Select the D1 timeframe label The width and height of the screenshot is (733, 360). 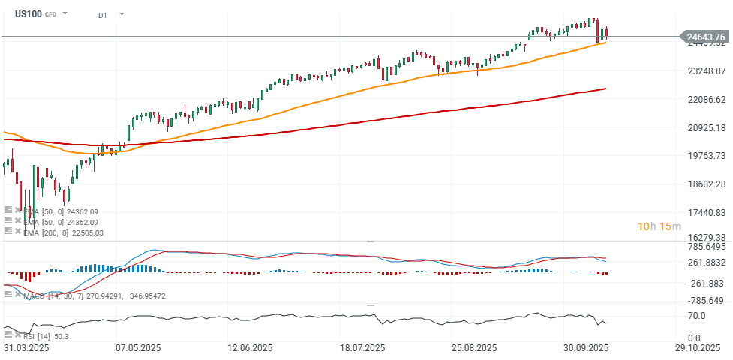(x=103, y=14)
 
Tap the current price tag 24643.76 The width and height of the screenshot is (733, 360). (x=705, y=37)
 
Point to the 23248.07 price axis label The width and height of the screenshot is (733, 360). (x=706, y=71)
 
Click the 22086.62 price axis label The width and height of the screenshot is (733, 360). (x=706, y=100)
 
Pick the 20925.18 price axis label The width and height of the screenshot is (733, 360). (x=706, y=127)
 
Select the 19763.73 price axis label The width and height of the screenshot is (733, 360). (x=706, y=156)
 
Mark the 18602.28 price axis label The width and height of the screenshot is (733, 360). (x=706, y=184)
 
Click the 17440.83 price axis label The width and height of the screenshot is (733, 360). (x=706, y=213)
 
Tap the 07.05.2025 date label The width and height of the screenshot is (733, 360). (x=137, y=349)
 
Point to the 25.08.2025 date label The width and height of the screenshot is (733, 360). (x=473, y=349)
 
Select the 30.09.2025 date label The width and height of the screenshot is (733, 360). (x=585, y=349)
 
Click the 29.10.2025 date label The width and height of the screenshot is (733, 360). (x=698, y=349)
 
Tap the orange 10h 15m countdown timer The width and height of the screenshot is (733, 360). (x=659, y=226)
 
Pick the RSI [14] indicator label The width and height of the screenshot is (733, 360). (x=35, y=336)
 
